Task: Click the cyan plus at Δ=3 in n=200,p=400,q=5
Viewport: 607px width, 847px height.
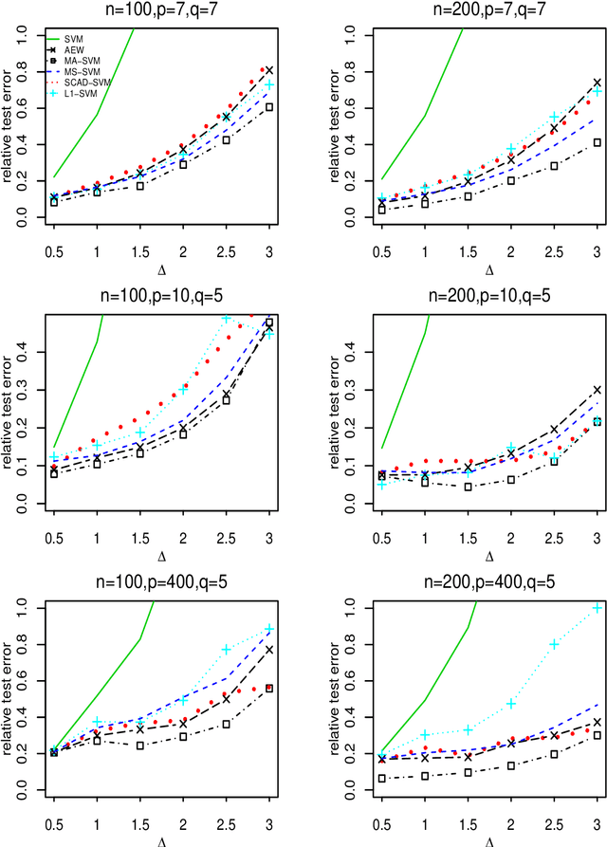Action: (x=597, y=607)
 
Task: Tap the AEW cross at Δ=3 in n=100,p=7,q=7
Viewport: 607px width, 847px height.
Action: (x=269, y=70)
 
